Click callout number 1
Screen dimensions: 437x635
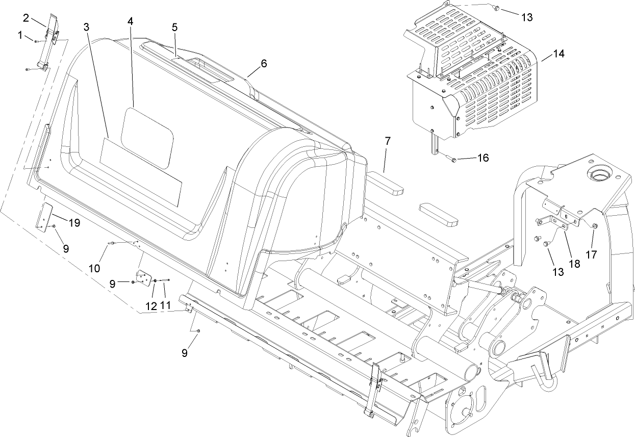click(20, 35)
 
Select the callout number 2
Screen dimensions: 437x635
click(26, 18)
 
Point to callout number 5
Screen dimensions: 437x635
click(174, 27)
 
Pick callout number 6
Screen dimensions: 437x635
click(263, 63)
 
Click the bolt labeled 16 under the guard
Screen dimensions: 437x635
click(452, 160)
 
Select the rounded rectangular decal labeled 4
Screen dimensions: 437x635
click(147, 138)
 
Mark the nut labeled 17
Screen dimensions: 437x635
click(595, 225)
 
